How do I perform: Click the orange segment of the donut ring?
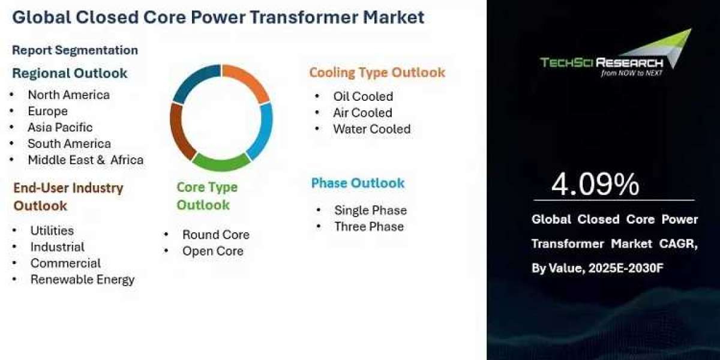tap(249, 80)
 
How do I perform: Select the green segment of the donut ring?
tap(221, 163)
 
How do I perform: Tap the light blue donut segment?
tap(262, 130)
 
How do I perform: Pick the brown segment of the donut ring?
tap(180, 132)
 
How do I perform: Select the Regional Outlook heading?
tap(70, 73)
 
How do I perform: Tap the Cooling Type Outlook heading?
tap(377, 73)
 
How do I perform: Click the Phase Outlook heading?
tap(358, 183)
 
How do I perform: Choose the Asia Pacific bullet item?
tap(60, 127)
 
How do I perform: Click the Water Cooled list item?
tap(372, 129)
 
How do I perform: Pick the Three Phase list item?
tap(369, 227)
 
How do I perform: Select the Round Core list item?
tap(216, 235)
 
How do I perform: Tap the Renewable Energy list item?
tap(83, 280)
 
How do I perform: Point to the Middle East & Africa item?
tap(86, 160)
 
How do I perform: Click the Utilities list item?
tap(52, 230)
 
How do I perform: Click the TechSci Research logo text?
tap(602, 62)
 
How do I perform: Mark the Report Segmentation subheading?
tap(75, 50)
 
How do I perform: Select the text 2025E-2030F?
tap(625, 268)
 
